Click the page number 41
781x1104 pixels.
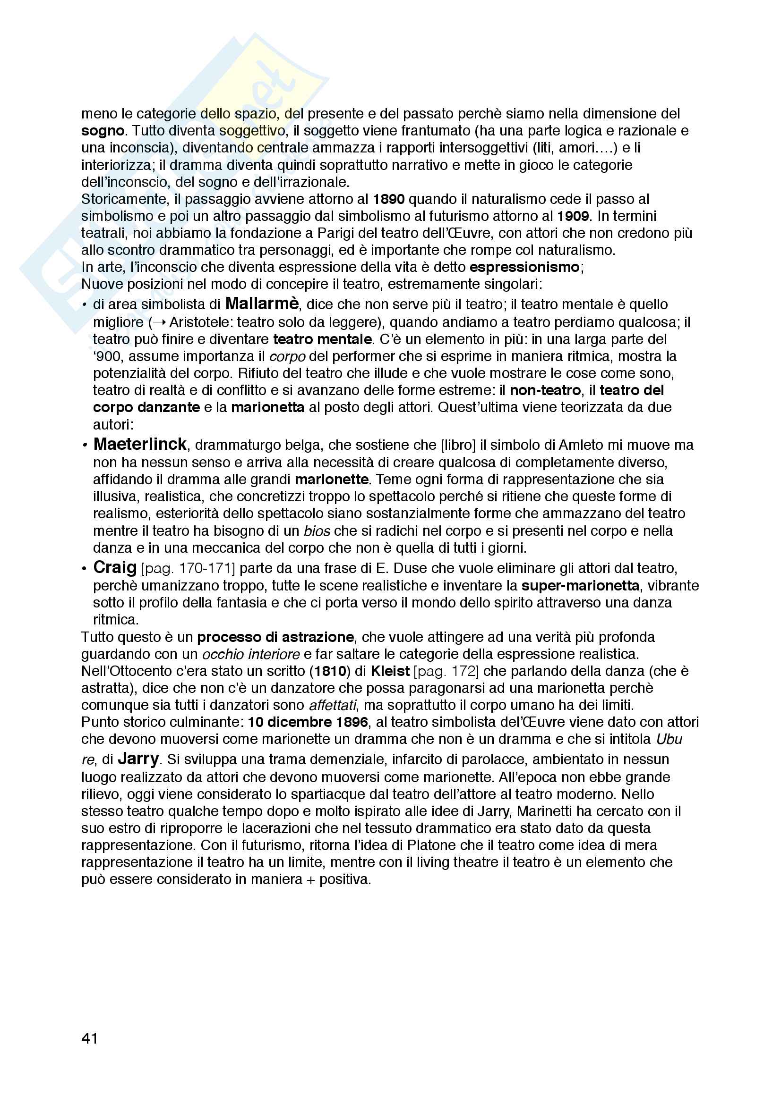[x=89, y=1038]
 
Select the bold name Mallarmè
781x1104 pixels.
[x=262, y=304]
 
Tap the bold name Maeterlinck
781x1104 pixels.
[x=139, y=444]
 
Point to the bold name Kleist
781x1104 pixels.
[x=390, y=671]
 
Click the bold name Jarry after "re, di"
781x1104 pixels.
[x=138, y=758]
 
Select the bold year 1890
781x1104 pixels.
[x=389, y=199]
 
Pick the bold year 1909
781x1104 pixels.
[x=573, y=216]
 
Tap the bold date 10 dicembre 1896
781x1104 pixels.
[x=308, y=722]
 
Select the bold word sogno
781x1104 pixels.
[x=103, y=131]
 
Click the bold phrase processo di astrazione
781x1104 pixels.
[x=276, y=637]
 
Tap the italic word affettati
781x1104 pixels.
[x=333, y=705]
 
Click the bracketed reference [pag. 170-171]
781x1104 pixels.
[x=188, y=568]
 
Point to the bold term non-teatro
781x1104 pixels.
[x=545, y=390]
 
